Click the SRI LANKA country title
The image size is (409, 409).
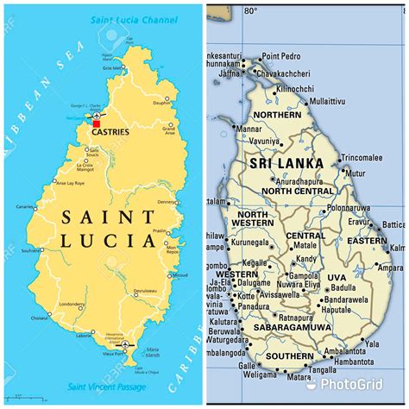pyautogui.click(x=286, y=162)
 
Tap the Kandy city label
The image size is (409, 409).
pyautogui.click(x=306, y=260)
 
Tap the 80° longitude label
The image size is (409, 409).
pyautogui.click(x=250, y=10)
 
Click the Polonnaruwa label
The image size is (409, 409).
pyautogui.click(x=349, y=208)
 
